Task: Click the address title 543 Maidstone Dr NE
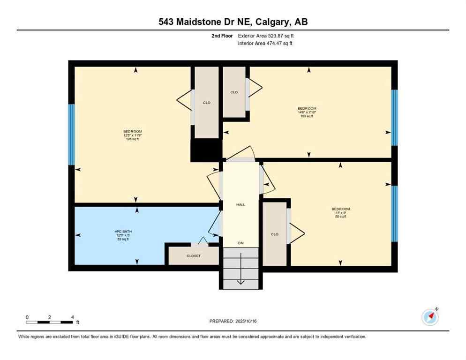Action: pos(233,22)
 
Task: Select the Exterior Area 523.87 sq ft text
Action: pos(266,36)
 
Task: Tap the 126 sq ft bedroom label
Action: pos(132,135)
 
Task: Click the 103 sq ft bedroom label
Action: pos(307,112)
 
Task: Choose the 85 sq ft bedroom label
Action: pos(341,212)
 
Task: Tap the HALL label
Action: pos(241,204)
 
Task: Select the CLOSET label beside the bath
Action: pos(194,256)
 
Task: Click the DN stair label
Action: pos(241,243)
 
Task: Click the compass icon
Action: pos(430,317)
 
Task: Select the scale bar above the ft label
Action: pos(50,322)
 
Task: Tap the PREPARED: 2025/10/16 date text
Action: pos(233,321)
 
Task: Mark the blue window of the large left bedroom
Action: pos(71,135)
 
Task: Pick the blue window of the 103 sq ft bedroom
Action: pos(395,117)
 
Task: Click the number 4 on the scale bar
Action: pos(72,317)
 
